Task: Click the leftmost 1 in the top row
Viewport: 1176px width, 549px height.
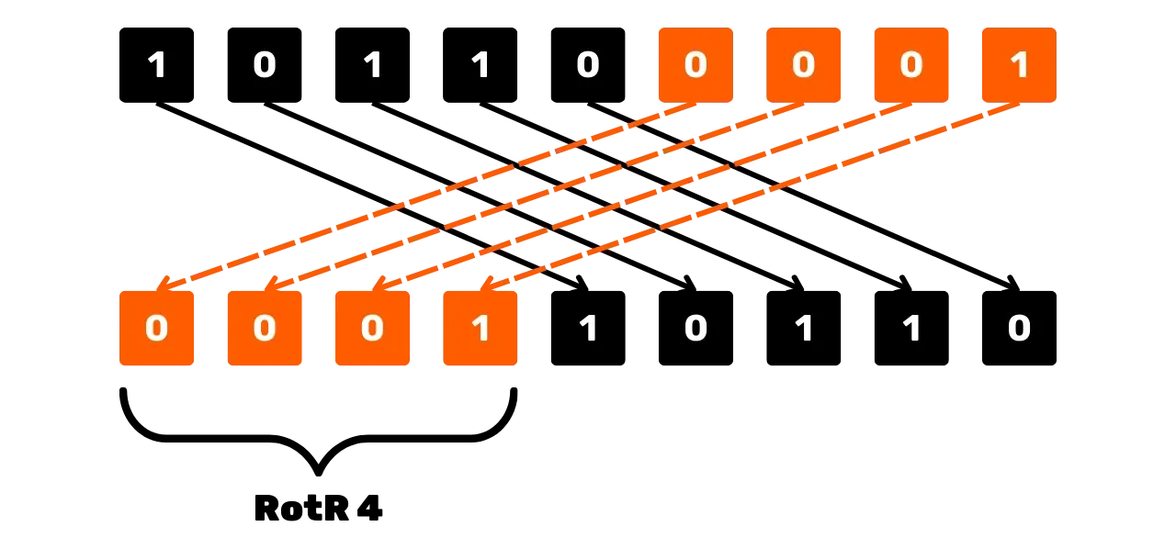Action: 157,65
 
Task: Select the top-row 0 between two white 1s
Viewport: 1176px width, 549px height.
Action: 265,65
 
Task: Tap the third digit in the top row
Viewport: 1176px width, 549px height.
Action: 372,65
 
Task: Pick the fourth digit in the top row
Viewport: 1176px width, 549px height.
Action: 480,65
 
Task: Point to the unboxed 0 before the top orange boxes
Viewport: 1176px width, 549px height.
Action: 587,65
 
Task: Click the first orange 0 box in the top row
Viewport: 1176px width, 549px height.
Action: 695,63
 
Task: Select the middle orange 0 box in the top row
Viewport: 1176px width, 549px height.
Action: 803,63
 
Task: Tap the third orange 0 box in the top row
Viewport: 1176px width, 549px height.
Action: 910,63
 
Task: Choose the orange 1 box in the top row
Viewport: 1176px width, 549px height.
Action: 1018,63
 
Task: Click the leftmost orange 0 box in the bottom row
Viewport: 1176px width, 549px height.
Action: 157,328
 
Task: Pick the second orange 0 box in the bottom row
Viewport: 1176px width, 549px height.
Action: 265,328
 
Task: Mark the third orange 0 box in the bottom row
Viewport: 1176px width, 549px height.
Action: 372,328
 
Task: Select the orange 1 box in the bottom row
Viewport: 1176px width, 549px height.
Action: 480,328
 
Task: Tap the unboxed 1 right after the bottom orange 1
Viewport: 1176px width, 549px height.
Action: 588,329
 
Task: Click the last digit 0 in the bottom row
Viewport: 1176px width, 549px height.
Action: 1018,329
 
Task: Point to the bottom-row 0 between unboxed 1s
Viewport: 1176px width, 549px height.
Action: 695,329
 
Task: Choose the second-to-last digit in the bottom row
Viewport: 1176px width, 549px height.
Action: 910,329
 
